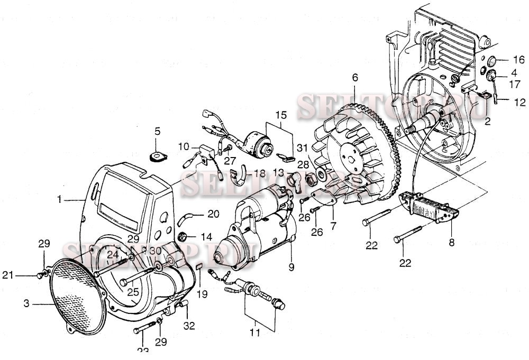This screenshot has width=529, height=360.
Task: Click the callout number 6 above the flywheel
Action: (354, 78)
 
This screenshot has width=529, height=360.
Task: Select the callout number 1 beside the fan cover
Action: (60, 200)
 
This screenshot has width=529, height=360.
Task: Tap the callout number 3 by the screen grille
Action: (26, 304)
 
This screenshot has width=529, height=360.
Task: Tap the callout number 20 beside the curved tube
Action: (213, 214)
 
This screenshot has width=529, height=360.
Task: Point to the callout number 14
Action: (206, 236)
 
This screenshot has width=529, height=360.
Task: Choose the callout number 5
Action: (157, 131)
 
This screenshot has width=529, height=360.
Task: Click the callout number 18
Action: (259, 173)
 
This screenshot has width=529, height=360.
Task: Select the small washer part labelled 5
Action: (157, 156)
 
